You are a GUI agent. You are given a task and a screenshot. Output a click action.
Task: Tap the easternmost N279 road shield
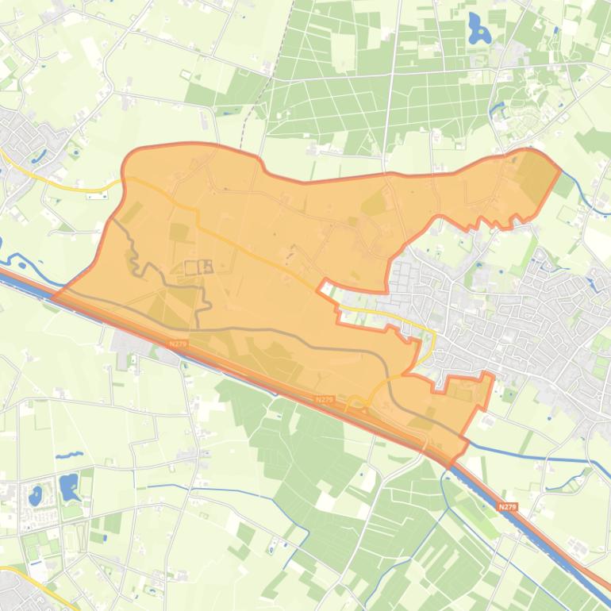point(508,506)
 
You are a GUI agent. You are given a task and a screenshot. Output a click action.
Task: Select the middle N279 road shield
point(324,399)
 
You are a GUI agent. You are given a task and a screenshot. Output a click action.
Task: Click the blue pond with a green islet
point(478,29)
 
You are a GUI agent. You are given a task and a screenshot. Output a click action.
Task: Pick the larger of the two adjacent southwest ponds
point(69,486)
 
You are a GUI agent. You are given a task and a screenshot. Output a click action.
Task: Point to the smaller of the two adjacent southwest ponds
point(35,496)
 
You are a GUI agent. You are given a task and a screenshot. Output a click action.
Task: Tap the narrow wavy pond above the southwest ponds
point(69,455)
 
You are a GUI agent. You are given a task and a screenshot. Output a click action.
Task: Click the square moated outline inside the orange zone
point(199,267)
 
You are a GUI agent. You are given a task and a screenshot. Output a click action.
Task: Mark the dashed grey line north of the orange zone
point(252,119)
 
